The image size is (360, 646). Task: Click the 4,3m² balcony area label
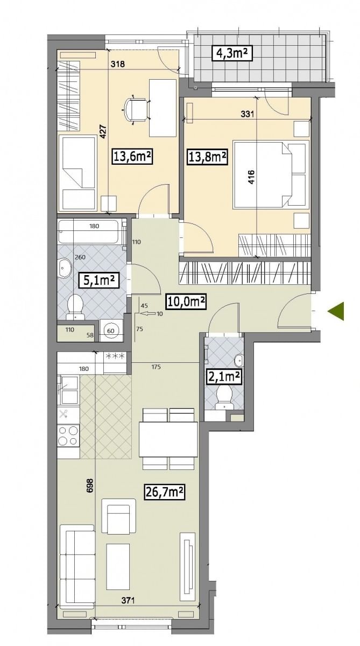tap(232, 53)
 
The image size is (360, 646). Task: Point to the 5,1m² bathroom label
tap(99, 280)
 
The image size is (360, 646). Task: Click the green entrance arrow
tap(336, 311)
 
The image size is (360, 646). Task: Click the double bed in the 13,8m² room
tap(270, 174)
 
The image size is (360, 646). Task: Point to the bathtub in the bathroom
tap(91, 231)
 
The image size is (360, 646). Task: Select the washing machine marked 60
tap(111, 331)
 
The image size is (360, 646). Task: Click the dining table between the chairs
tap(168, 439)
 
